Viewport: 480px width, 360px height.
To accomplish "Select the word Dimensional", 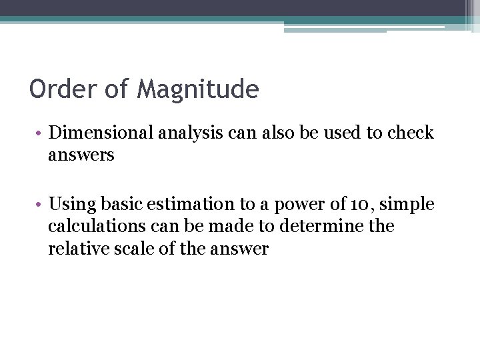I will pos(103,133).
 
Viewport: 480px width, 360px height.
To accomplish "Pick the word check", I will pos(410,133).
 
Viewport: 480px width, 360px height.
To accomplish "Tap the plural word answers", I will pos(81,156).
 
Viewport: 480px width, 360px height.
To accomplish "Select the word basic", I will pos(120,203).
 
